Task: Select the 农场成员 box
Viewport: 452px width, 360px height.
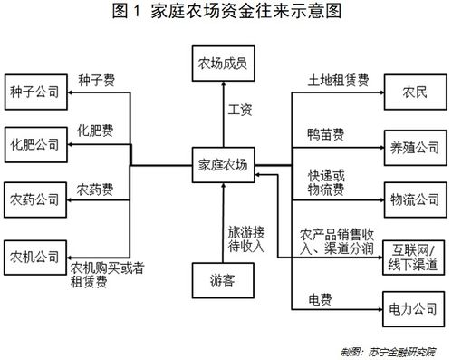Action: pyautogui.click(x=224, y=65)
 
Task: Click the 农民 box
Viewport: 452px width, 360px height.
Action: pyautogui.click(x=415, y=93)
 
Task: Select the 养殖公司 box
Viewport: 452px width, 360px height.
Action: pyautogui.click(x=415, y=144)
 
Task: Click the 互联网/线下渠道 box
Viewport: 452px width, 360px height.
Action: pyautogui.click(x=415, y=256)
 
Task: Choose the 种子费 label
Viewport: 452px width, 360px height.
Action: pyautogui.click(x=95, y=79)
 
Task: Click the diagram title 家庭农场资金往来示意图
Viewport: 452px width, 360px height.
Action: pyautogui.click(x=226, y=12)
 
